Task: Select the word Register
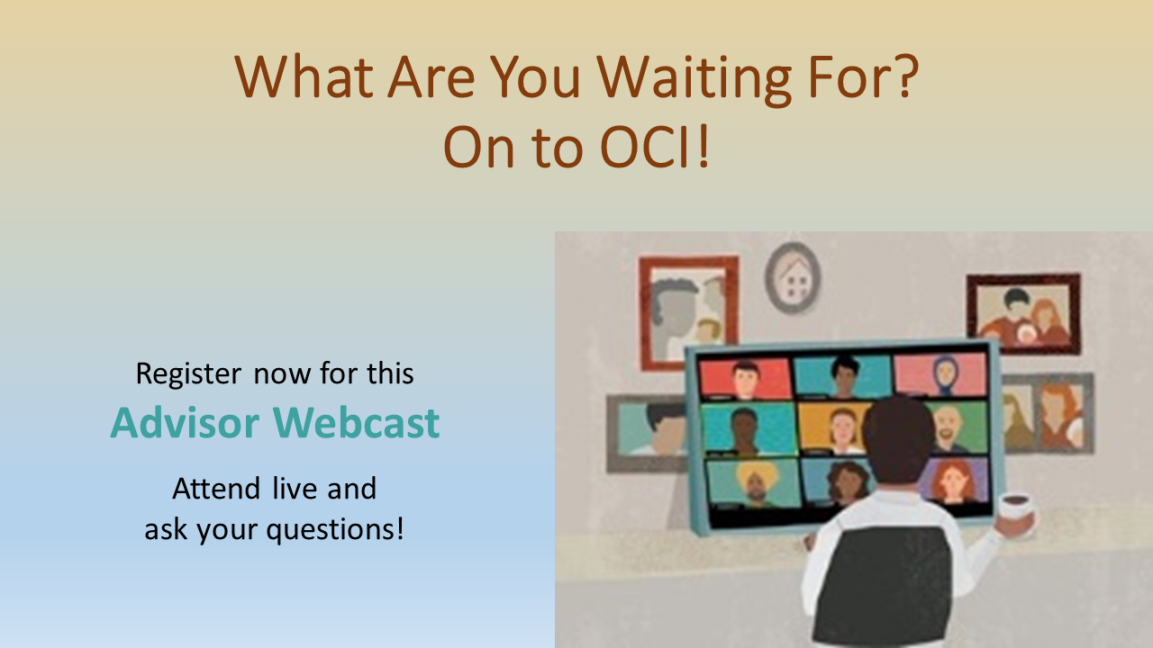point(188,373)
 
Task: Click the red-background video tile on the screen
point(745,376)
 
